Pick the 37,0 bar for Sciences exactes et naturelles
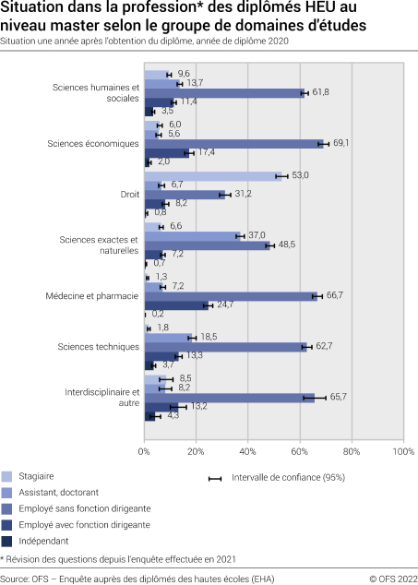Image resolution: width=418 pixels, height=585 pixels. pyautogui.click(x=193, y=235)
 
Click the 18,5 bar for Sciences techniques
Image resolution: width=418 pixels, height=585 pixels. pyautogui.click(x=169, y=338)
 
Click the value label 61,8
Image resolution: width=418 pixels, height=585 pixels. pyautogui.click(x=321, y=92)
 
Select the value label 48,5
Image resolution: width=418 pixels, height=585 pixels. pyautogui.click(x=285, y=245)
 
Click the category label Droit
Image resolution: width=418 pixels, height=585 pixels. pyautogui.click(x=128, y=195)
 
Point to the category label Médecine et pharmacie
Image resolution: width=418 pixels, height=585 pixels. pyautogui.click(x=92, y=296)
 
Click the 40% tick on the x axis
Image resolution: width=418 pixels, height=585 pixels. pyautogui.click(x=247, y=452)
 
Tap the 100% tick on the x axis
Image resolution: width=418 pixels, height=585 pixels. pyautogui.click(x=403, y=452)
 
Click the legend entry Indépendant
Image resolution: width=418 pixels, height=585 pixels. pyautogui.click(x=49, y=541)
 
